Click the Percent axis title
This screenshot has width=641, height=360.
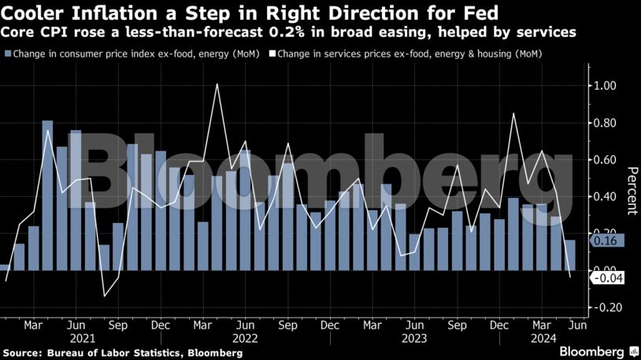631,190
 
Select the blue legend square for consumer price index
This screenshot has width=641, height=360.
8,54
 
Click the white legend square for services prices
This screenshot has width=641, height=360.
273,54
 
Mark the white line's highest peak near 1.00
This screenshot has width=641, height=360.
217,84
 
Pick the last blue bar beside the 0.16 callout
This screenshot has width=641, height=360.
570,255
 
